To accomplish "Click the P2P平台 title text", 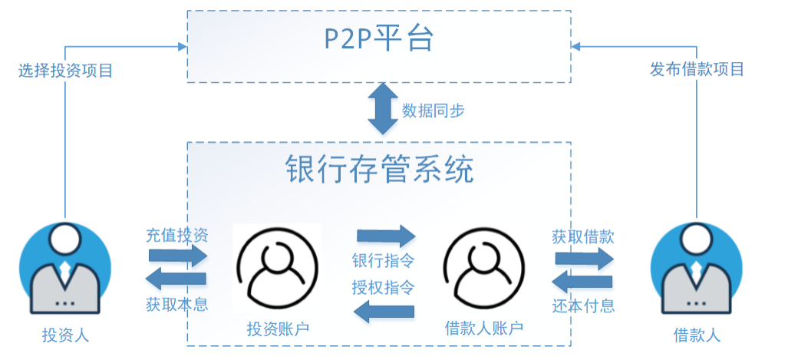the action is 378,40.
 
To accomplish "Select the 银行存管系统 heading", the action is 380,170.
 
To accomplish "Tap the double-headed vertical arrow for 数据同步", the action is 383,108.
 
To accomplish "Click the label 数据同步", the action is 433,111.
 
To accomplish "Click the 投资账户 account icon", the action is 278,267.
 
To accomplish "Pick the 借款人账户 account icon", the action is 484,268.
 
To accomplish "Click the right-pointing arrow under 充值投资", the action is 178,256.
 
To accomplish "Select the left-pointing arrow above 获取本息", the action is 176,279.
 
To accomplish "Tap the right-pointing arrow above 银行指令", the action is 387,236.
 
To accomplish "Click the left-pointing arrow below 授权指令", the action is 384,312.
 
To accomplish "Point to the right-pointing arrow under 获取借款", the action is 585,259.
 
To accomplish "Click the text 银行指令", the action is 384,262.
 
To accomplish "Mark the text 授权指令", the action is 384,288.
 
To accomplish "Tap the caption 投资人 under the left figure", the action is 65,335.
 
